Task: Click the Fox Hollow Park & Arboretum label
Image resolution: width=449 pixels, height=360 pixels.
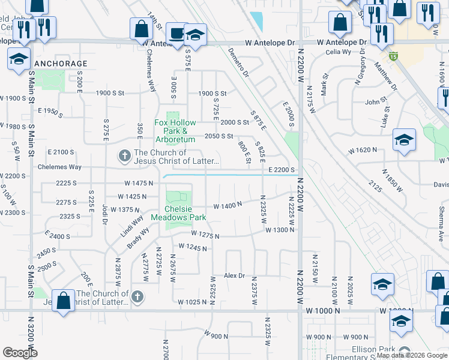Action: click(x=175, y=131)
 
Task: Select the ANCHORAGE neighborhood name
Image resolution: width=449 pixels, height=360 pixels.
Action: click(x=61, y=64)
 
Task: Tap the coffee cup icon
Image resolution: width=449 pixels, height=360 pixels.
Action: click(x=176, y=33)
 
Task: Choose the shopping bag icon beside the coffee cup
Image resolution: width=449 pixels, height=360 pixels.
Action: click(x=142, y=28)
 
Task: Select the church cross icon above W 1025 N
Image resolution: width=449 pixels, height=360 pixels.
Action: click(x=137, y=297)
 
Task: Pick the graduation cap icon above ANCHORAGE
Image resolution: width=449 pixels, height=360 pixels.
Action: click(x=19, y=59)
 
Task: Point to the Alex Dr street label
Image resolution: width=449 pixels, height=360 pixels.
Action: click(x=235, y=275)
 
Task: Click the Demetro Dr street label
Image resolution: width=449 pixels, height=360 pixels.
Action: click(x=238, y=64)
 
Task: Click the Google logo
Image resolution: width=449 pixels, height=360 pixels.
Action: click(x=20, y=353)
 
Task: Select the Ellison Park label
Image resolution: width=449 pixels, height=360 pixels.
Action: click(x=372, y=350)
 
